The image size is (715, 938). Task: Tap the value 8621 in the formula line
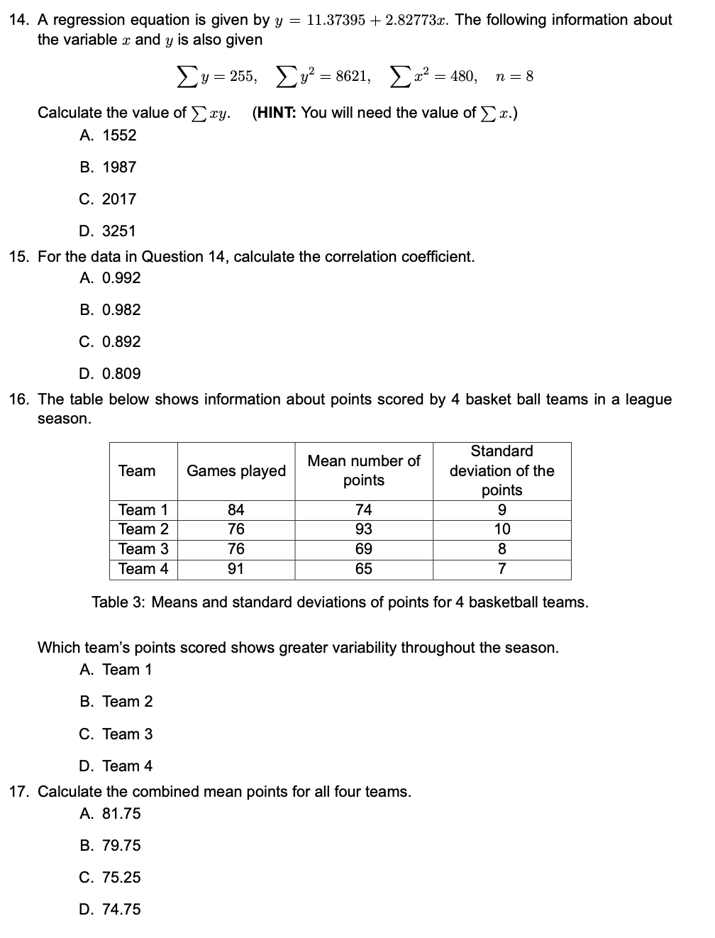(352, 76)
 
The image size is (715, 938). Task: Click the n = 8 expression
(514, 76)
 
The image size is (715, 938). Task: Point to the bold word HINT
(275, 112)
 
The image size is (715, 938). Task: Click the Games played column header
(235, 470)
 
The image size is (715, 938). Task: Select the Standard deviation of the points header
(501, 470)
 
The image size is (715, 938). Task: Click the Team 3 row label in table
(143, 548)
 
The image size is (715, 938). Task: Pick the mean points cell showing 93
(363, 529)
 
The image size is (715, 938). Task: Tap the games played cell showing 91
(235, 568)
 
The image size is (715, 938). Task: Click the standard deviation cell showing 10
(501, 529)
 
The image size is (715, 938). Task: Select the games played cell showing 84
(235, 509)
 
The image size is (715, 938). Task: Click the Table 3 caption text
(340, 602)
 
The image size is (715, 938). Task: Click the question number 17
(18, 791)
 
